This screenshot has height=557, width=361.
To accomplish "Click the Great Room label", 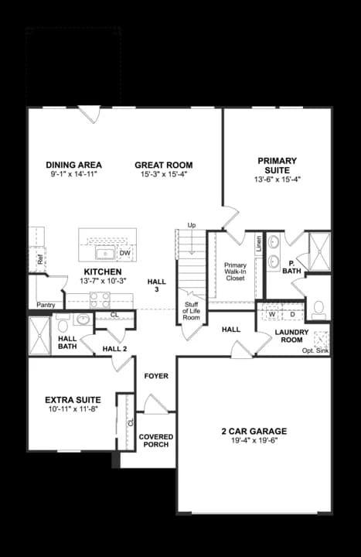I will tap(163, 165).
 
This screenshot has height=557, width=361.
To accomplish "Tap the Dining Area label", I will tap(73, 165).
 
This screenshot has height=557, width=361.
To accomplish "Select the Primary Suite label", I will tap(277, 166).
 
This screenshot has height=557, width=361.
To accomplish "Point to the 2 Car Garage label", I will tap(254, 431).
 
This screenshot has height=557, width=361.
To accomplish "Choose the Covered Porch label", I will tap(156, 441).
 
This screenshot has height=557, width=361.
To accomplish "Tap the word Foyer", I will tap(156, 376).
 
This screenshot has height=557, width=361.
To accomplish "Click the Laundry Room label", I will tap(291, 337).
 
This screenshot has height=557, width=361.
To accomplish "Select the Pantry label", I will tap(46, 305).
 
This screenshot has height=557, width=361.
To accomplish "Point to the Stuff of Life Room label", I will tap(191, 312).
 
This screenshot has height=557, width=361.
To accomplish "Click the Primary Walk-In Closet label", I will tap(235, 271).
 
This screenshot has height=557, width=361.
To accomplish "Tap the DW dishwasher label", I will tap(124, 253).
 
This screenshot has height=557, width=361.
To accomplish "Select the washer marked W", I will tap(271, 315).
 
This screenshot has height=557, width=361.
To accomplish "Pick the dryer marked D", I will tap(292, 315).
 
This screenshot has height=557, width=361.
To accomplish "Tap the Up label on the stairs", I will tap(192, 225).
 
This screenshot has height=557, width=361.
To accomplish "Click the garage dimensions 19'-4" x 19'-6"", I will tap(254, 441).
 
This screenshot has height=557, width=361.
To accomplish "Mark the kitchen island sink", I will tap(104, 253).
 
